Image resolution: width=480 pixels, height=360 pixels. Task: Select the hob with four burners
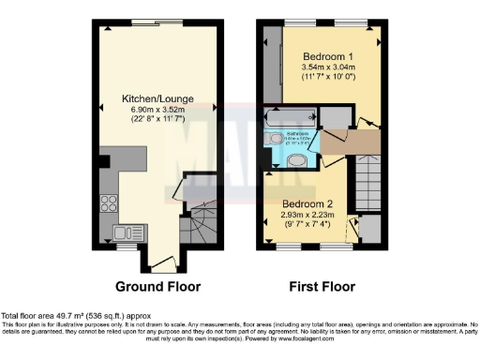tap(108, 203)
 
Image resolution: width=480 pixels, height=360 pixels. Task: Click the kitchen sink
tap(122, 232)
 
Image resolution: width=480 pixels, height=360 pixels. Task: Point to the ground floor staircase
tap(198, 225)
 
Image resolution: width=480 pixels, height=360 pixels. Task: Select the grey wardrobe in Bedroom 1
tap(271, 66)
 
